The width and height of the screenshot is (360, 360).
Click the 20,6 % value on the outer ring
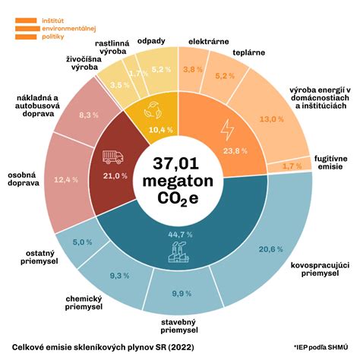click(270, 248)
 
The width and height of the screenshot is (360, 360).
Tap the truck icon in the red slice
click(112, 157)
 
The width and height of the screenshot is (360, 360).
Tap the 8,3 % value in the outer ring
click(89, 114)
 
